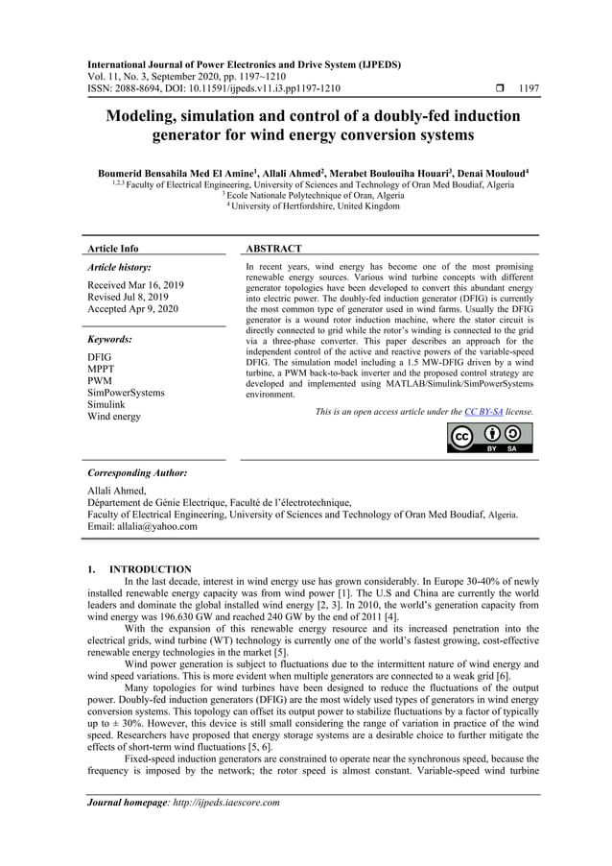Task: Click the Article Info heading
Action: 112,249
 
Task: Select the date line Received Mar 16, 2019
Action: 135,285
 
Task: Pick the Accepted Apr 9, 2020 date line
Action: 132,309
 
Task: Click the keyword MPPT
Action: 102,369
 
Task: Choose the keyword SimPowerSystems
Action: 126,393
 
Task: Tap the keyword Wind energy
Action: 114,417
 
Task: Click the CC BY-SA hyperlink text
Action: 483,411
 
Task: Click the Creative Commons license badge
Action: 489,437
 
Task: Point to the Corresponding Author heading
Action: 137,473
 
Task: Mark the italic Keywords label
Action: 109,339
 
